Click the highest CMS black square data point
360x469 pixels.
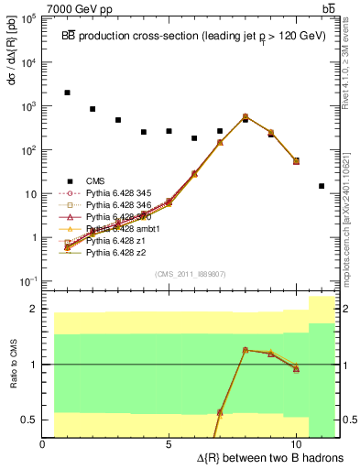coord(67,93)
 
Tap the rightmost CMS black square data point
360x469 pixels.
coord(322,186)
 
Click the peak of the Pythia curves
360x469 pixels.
coord(245,116)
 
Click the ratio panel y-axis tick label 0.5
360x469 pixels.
coord(29,420)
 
